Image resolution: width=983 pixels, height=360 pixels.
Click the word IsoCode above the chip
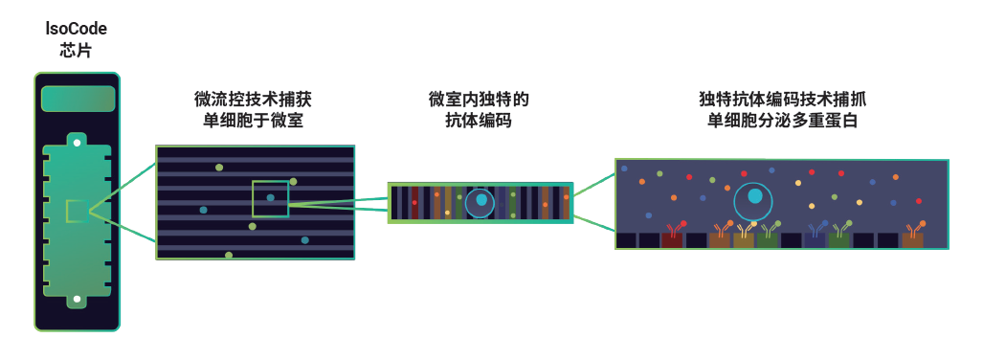click(x=77, y=28)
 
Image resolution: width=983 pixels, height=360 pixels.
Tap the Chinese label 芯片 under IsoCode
click(x=77, y=50)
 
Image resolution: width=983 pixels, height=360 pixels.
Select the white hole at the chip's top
click(x=77, y=143)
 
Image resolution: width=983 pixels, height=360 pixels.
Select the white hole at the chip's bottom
click(x=77, y=299)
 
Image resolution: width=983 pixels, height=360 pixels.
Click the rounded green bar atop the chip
click(x=78, y=99)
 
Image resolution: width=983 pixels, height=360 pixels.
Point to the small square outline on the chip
click(x=77, y=211)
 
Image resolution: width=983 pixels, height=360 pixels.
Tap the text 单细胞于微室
click(x=254, y=120)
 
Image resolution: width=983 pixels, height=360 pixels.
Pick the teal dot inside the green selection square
click(x=270, y=197)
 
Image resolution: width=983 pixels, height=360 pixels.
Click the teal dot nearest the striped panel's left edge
click(x=203, y=210)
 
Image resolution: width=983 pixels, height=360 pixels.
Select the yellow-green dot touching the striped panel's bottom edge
click(x=229, y=256)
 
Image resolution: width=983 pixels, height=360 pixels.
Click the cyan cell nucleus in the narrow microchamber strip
click(x=481, y=200)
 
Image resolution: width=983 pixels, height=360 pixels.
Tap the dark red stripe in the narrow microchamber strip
click(x=414, y=203)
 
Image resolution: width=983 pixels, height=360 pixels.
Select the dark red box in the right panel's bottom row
click(x=672, y=240)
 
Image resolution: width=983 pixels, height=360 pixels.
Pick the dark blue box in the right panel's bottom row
click(x=815, y=240)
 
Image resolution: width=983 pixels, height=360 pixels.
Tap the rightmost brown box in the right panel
click(x=912, y=240)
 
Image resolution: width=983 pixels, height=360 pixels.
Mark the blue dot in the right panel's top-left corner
click(x=624, y=169)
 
